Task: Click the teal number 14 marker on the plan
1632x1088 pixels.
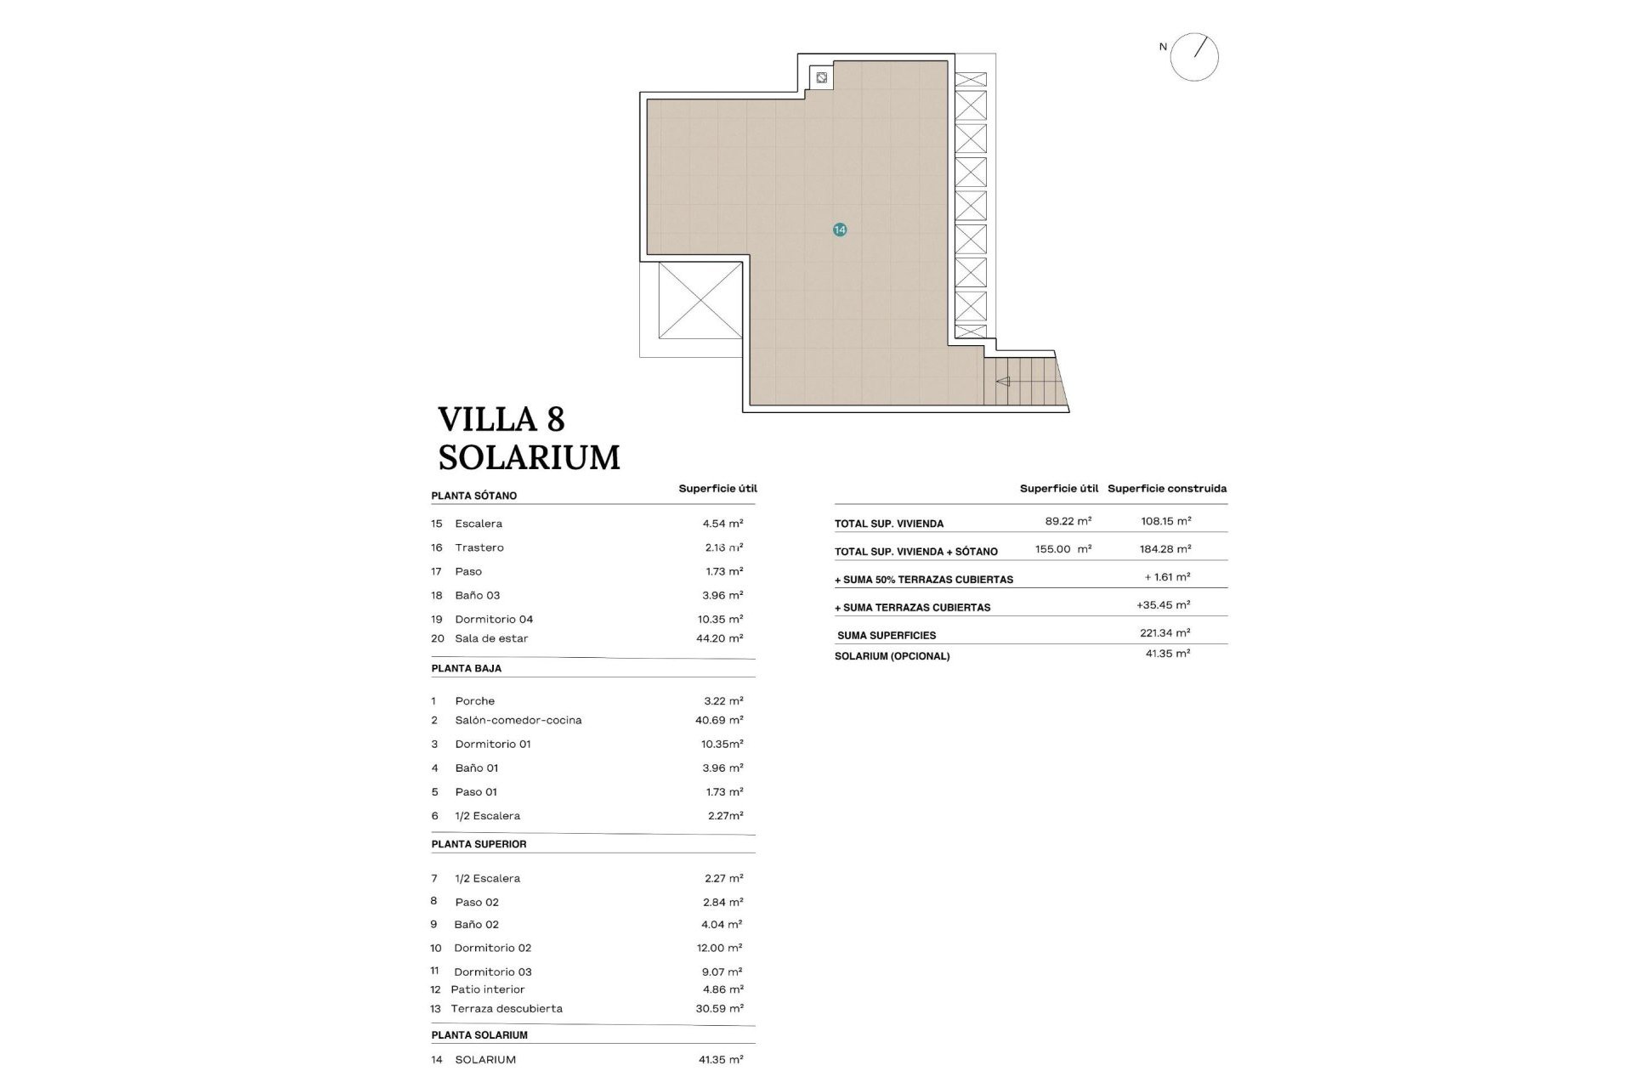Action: pos(840,229)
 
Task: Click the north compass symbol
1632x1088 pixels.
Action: pos(1193,57)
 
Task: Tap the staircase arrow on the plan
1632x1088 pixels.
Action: pos(1003,382)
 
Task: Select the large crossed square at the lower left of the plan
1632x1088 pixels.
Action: pos(700,300)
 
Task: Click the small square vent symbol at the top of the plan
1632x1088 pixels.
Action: pos(821,78)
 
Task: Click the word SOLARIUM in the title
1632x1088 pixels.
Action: pos(529,458)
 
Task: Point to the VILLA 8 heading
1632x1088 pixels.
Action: pos(501,419)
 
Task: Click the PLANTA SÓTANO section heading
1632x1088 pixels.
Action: pos(473,496)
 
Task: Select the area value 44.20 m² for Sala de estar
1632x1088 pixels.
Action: pos(719,638)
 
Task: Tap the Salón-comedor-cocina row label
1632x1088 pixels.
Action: pos(518,720)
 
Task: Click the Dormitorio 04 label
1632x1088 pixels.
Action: pos(494,620)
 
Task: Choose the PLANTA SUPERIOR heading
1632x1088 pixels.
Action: pos(479,844)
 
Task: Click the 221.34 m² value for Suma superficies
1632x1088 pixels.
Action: pos(1164,633)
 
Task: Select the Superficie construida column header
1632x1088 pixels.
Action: pos(1166,489)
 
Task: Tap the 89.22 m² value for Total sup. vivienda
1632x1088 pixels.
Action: pos(1068,521)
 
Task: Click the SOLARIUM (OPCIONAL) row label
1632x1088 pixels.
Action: pos(892,656)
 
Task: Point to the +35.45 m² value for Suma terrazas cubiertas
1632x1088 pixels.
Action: pos(1163,605)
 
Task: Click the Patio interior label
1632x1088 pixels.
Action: pos(487,989)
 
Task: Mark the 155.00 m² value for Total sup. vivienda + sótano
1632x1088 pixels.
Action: pos(1062,549)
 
